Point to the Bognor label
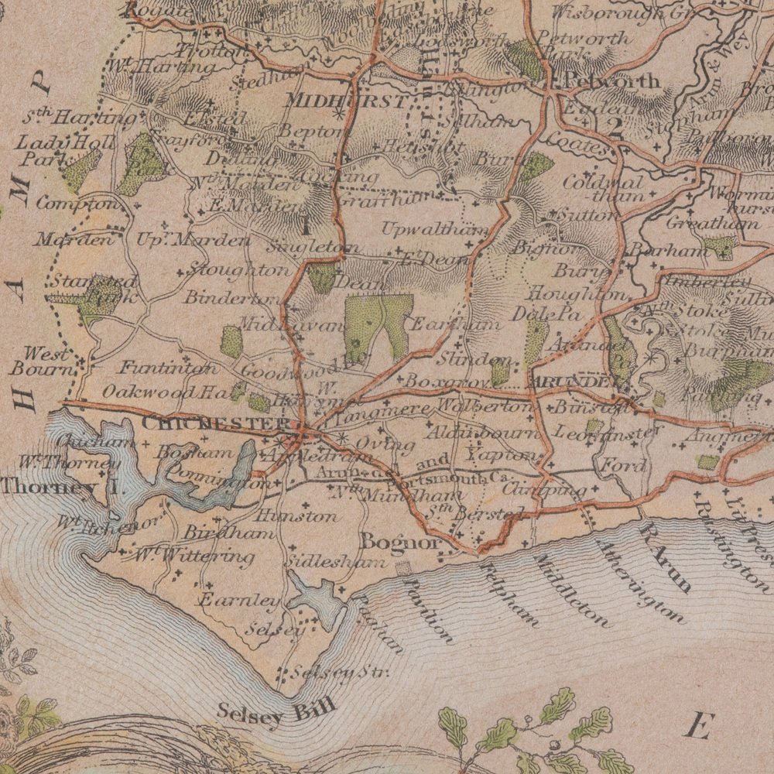(x=400, y=541)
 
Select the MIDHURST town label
(x=345, y=101)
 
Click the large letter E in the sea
(x=698, y=726)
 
